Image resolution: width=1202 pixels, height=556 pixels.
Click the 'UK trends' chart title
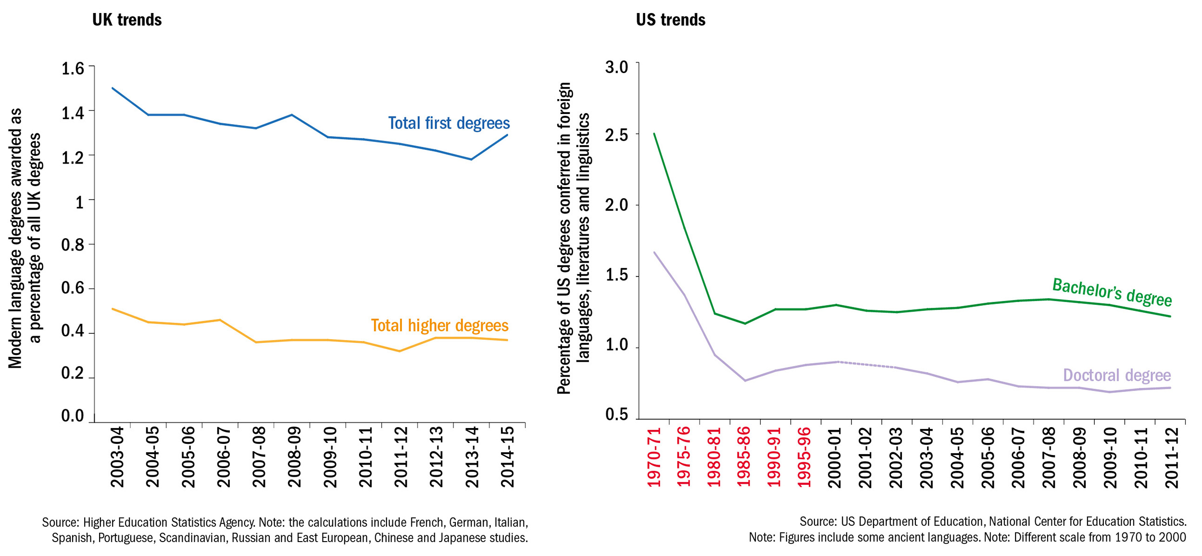127,20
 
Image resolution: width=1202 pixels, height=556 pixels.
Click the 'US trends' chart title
670,20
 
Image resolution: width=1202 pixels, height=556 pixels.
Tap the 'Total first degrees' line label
449,123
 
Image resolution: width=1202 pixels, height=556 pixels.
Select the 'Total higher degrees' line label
439,326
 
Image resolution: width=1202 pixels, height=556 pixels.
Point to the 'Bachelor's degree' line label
1112,292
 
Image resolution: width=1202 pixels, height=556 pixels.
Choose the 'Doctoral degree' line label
1116,375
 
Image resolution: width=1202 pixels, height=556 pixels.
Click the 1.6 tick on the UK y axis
73,69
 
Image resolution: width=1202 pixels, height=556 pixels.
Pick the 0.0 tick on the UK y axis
73,416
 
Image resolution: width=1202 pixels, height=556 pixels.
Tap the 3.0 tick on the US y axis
617,67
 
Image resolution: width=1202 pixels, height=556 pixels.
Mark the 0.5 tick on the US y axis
617,415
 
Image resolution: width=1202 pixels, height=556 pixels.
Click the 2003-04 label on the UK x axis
117,457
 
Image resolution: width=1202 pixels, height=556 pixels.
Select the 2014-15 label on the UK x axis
508,457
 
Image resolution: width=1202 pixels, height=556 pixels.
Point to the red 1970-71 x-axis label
654,457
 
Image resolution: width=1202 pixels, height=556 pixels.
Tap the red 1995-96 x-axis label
804,457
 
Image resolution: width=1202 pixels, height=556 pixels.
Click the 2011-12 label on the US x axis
1172,457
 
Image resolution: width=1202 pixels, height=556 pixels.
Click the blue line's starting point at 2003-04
113,88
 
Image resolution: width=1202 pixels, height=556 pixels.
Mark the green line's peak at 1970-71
654,134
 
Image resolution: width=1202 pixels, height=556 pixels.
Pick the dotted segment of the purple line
865,365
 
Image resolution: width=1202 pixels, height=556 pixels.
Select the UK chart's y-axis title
25,238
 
